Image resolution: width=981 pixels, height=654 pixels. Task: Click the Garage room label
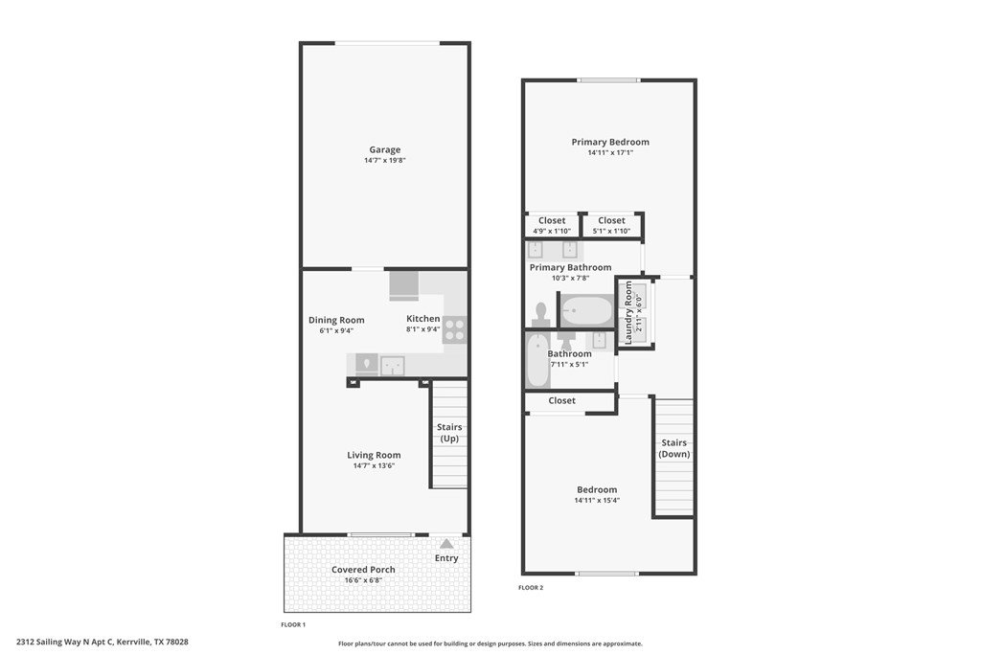point(385,149)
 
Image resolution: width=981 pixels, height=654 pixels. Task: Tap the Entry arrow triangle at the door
point(446,544)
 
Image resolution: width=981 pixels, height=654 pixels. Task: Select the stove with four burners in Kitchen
point(455,329)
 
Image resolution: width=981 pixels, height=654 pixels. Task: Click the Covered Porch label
point(363,570)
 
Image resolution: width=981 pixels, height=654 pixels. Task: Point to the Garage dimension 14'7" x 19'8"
point(385,160)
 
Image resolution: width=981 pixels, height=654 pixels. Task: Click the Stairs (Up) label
point(449,433)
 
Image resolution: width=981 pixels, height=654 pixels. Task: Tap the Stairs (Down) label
point(673,448)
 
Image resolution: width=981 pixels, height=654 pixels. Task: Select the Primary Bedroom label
point(610,142)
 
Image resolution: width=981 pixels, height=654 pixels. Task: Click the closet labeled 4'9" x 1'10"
point(552,225)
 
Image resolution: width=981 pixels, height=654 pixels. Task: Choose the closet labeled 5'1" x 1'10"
point(612,225)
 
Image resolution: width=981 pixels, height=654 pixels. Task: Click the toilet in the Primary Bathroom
point(541,314)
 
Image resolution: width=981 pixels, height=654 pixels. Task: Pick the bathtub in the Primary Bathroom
point(587,311)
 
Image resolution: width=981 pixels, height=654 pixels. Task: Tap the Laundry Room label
point(628,312)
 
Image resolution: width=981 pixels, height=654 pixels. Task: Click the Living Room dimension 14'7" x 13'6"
point(374,465)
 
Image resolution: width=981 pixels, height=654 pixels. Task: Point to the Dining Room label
point(336,320)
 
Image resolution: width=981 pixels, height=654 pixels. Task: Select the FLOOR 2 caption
point(531,588)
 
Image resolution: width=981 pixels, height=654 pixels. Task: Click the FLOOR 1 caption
point(293,624)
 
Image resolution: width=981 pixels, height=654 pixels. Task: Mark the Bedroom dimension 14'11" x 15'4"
point(597,500)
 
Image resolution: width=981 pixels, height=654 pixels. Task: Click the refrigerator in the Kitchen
point(404,285)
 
